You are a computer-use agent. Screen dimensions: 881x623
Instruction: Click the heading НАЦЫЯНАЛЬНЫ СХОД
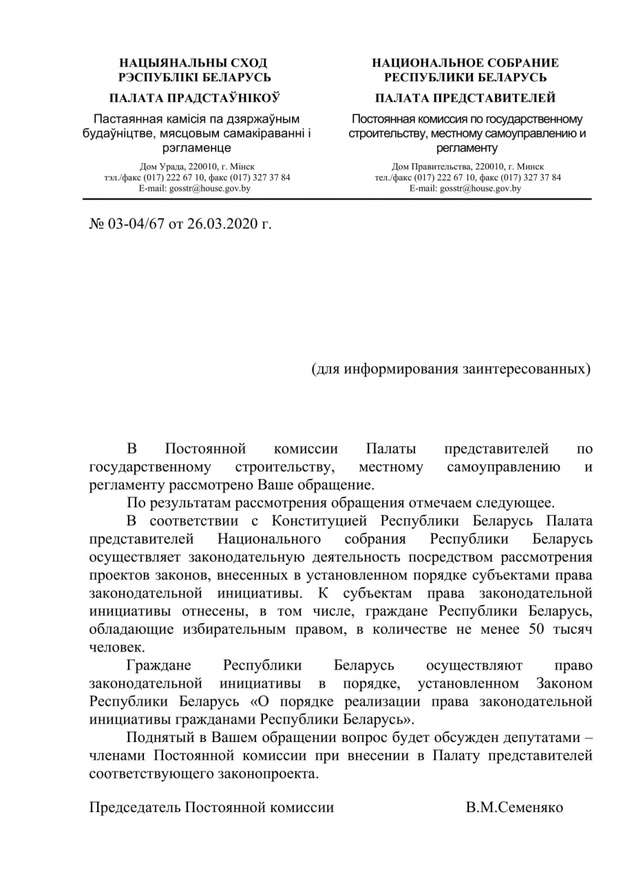pos(193,63)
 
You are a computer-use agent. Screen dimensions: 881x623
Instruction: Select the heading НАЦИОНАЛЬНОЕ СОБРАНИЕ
pos(465,63)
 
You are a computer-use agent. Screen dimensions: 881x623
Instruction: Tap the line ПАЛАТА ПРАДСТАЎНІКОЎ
pos(193,98)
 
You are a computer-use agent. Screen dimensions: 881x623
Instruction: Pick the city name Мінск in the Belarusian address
pos(242,167)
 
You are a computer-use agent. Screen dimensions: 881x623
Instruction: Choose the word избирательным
pos(257,628)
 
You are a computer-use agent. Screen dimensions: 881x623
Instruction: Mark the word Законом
pos(564,683)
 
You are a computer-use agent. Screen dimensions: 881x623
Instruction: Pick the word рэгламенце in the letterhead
pos(196,147)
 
